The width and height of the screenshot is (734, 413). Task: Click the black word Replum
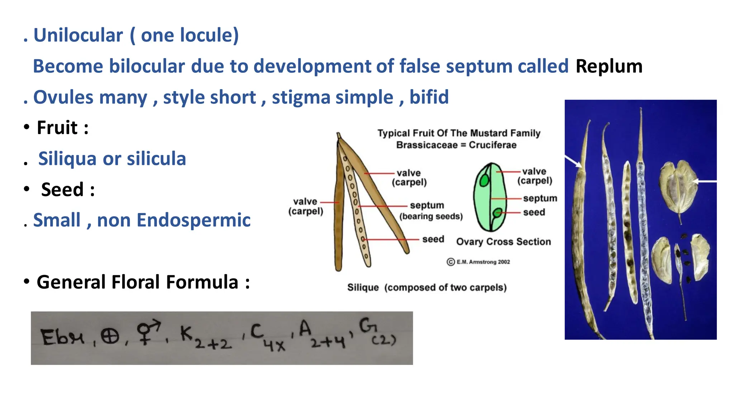click(609, 67)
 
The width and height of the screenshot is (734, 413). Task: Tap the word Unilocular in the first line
click(78, 35)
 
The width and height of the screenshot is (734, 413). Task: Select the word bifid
click(429, 97)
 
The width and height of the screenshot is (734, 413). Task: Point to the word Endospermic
click(194, 220)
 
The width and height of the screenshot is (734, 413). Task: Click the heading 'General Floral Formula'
click(137, 282)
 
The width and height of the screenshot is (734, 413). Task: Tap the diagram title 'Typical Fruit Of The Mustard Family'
click(458, 133)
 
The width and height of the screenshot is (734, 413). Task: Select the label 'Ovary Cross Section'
click(503, 242)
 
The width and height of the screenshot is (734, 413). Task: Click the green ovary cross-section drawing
click(490, 197)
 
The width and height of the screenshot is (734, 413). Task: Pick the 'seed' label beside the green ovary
click(534, 213)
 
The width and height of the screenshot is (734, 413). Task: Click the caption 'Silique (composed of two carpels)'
click(426, 288)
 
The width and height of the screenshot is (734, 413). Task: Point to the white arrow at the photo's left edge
click(573, 161)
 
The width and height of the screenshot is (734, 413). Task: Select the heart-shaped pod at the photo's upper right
click(678, 186)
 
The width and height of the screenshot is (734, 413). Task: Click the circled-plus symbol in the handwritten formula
click(109, 337)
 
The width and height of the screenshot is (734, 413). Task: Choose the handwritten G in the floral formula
click(367, 327)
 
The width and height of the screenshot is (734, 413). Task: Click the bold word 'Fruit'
click(57, 128)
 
